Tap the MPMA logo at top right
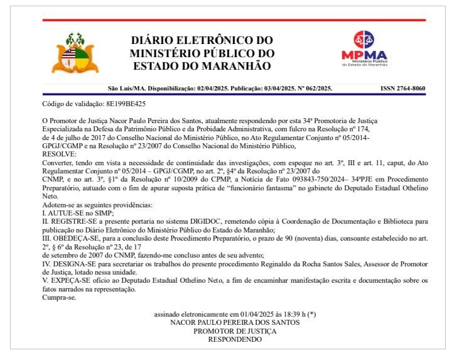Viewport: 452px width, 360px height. tap(364, 48)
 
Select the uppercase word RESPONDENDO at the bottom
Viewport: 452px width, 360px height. tap(235, 339)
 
